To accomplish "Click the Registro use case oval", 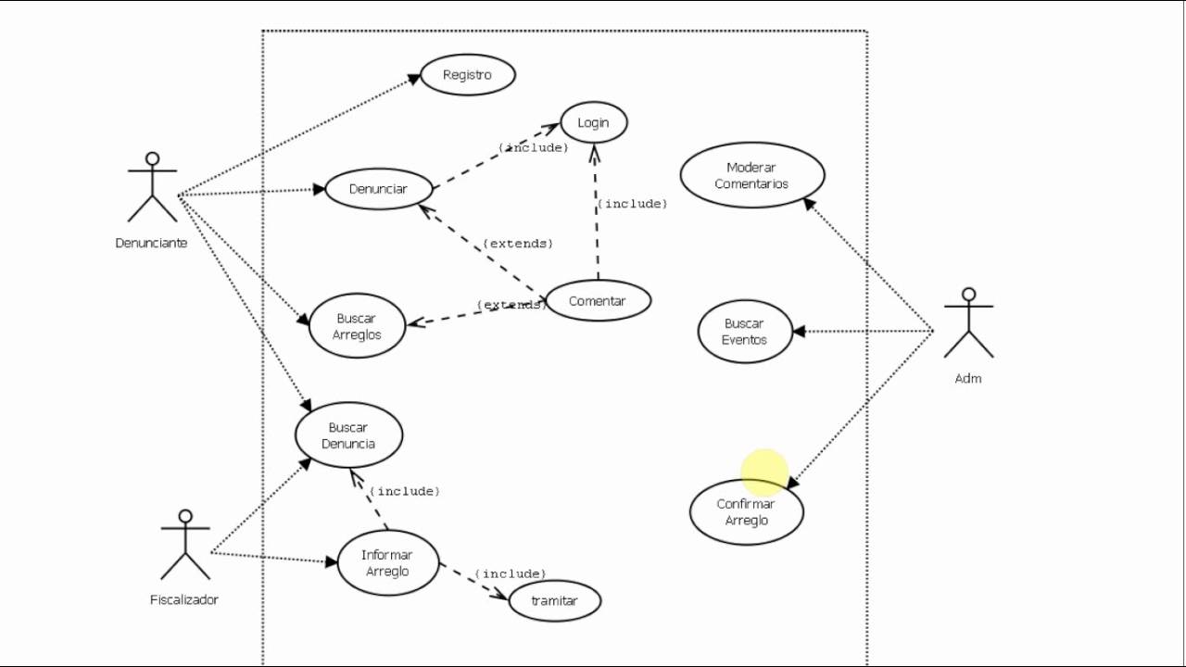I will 468,75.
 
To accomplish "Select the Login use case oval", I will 593,122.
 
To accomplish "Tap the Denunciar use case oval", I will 378,189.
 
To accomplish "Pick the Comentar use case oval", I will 598,300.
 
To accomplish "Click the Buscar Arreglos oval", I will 357,326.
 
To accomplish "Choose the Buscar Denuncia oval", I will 348,435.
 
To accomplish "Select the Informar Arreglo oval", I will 387,563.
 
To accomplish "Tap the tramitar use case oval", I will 554,600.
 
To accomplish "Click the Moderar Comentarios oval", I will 751,175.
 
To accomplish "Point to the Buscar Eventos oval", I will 745,331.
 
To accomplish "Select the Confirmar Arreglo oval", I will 747,512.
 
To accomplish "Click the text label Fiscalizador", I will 184,599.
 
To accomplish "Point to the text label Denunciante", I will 151,243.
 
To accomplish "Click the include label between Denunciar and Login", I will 534,147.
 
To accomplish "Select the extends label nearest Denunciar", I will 518,244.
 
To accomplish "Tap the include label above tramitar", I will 511,574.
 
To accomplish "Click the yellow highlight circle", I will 764,472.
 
